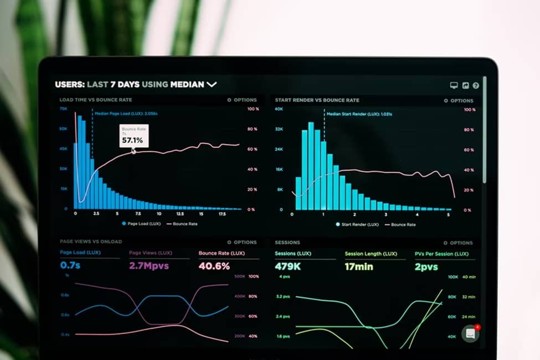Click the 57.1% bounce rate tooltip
coord(133,136)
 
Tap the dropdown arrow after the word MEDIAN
coord(212,85)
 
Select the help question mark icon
coord(476,85)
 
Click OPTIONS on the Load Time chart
coord(242,100)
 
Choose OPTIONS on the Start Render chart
coord(459,101)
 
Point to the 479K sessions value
coord(287,266)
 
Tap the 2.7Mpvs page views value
coord(148,266)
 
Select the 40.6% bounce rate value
coord(214,266)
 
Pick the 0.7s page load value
coord(70,266)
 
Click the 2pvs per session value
coord(426,266)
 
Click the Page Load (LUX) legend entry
coord(141,224)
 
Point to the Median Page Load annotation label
coord(126,113)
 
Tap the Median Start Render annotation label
coord(359,114)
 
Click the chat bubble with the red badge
coord(471,333)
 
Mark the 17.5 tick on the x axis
coord(222,213)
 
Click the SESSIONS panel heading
coord(287,243)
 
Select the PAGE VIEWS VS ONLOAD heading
coord(91,241)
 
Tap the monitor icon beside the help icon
coord(454,85)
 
